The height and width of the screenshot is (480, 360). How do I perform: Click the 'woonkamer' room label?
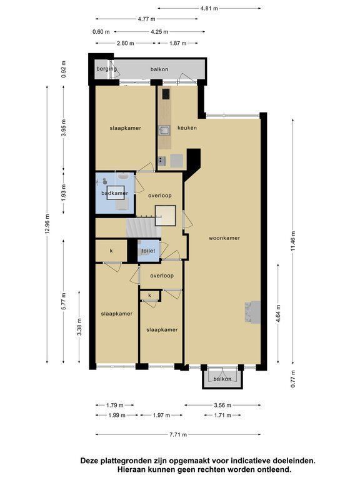click(x=224, y=238)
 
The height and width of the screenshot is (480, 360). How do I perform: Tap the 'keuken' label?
click(x=187, y=127)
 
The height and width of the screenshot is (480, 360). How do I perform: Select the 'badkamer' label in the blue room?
click(x=115, y=193)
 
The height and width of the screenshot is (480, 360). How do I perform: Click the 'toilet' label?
click(x=148, y=251)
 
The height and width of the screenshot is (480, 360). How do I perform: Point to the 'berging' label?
click(x=106, y=69)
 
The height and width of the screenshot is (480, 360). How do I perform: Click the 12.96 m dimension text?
click(x=47, y=224)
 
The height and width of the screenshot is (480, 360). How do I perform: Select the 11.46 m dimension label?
click(x=293, y=241)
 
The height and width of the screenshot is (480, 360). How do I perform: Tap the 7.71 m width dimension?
click(x=178, y=434)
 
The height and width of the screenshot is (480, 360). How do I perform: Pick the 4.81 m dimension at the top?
click(x=209, y=8)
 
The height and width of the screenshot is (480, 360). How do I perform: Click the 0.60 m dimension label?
click(x=101, y=31)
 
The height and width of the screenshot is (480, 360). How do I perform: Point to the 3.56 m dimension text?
click(x=222, y=405)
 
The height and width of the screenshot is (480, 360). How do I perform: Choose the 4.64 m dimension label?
click(x=278, y=314)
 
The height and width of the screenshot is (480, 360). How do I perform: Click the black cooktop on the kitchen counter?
click(x=166, y=94)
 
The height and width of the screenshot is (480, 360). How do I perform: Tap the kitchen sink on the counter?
click(x=164, y=130)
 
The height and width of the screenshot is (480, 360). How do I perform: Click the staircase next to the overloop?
click(x=144, y=227)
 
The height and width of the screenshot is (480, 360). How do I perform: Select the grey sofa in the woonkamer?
click(x=253, y=312)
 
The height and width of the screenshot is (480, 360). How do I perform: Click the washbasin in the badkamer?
click(x=123, y=177)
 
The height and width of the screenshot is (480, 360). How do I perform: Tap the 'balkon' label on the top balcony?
click(x=159, y=69)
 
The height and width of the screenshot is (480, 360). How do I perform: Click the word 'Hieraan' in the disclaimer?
click(x=130, y=469)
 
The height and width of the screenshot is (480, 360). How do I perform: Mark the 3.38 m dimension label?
click(x=79, y=327)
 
